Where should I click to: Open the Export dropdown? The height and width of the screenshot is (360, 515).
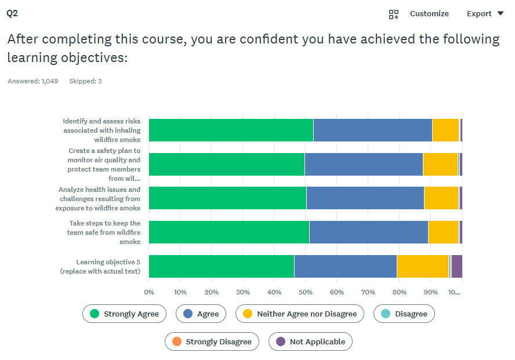tap(485, 14)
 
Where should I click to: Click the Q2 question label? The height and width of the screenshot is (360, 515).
tap(12, 13)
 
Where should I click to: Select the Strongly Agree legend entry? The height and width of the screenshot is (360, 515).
tap(124, 314)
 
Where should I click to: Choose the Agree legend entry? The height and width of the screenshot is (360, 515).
tap(201, 314)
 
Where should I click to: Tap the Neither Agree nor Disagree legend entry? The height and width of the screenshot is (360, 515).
tap(300, 314)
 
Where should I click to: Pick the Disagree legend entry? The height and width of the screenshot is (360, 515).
tap(404, 314)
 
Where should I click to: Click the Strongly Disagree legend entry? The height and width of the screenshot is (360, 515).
tap(212, 341)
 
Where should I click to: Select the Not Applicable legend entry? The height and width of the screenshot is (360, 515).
tap(310, 341)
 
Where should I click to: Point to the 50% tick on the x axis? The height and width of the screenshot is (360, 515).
tap(306, 292)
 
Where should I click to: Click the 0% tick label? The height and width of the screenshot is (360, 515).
tap(149, 292)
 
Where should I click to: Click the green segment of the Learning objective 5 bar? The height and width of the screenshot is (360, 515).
tap(222, 266)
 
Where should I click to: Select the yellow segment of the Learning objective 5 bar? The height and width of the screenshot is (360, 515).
tap(422, 266)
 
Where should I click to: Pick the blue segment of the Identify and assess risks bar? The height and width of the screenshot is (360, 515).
tap(372, 130)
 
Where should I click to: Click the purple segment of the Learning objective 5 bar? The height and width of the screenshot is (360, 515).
tap(456, 266)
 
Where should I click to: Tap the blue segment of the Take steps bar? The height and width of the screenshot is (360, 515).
tap(368, 232)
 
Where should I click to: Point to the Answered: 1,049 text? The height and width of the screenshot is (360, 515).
tap(33, 81)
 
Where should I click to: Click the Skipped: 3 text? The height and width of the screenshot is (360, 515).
tap(85, 81)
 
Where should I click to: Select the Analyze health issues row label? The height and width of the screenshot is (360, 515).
tap(99, 198)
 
